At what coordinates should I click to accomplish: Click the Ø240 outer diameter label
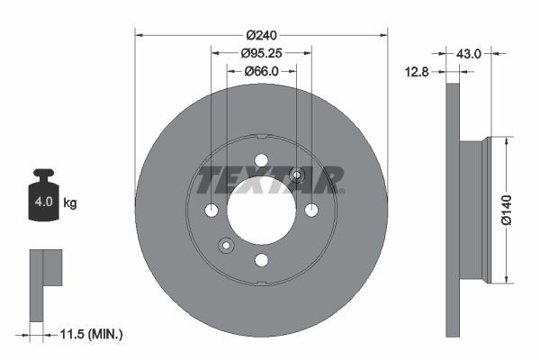(x=261, y=35)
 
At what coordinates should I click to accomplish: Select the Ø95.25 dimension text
(x=262, y=53)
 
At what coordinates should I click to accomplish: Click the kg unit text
(x=69, y=203)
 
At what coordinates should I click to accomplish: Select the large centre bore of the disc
(x=261, y=210)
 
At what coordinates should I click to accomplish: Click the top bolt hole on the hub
(x=261, y=160)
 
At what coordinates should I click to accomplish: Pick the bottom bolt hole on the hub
(x=261, y=260)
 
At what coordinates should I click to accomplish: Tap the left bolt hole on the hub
(x=211, y=211)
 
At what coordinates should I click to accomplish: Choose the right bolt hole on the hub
(x=311, y=211)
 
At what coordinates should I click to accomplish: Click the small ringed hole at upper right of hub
(x=296, y=175)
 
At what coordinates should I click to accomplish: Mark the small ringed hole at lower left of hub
(x=226, y=245)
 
